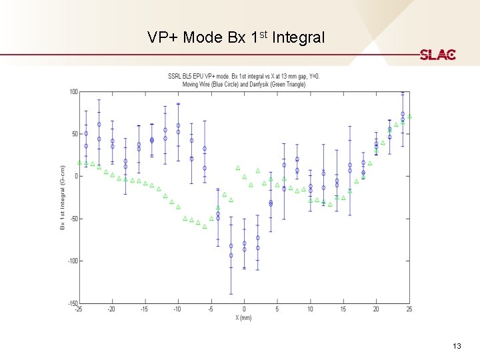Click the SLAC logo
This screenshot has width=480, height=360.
point(437,55)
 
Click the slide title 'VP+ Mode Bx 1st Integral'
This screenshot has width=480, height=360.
point(237,37)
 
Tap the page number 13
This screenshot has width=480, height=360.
point(457,345)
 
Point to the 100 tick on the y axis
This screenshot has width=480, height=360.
point(73,91)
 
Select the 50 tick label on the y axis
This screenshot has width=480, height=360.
point(75,134)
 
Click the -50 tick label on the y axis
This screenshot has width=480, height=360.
point(73,219)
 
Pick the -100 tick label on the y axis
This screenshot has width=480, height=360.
point(72,261)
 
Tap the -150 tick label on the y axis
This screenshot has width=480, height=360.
point(72,303)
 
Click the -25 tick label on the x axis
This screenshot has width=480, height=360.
point(79,309)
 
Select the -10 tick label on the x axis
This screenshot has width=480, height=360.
point(177,309)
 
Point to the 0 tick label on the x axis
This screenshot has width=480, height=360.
point(244,309)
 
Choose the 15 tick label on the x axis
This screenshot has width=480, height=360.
point(343,309)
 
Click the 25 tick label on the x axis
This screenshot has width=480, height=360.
point(409,309)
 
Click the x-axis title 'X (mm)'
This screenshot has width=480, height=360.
point(244,317)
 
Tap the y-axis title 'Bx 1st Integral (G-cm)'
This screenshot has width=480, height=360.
point(63,197)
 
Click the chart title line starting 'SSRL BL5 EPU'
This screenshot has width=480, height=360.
point(244,75)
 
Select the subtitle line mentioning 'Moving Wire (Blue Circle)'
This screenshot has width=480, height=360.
point(244,84)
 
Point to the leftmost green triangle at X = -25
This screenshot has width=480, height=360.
point(79,162)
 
